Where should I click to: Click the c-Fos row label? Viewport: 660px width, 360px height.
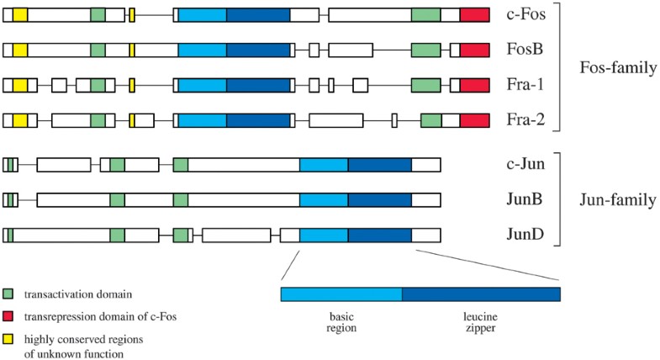tap(526, 14)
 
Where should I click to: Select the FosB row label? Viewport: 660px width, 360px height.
tap(525, 50)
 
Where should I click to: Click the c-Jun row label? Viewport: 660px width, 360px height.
tap(526, 165)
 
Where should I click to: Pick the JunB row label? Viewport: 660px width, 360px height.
tap(525, 200)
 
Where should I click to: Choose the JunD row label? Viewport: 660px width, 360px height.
tap(525, 236)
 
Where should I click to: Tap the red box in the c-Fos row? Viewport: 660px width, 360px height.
tap(475, 14)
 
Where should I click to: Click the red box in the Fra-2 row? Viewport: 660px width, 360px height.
tap(475, 120)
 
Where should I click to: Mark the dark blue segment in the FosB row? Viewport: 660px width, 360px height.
tap(258, 50)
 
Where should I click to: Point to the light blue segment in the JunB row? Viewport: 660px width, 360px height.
tap(324, 200)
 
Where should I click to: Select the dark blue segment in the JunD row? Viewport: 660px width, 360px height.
tap(379, 236)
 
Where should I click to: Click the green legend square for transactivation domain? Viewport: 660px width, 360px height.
tap(8, 294)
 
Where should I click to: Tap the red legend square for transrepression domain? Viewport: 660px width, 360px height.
tap(8, 315)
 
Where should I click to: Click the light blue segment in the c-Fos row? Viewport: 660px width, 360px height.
tap(202, 14)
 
